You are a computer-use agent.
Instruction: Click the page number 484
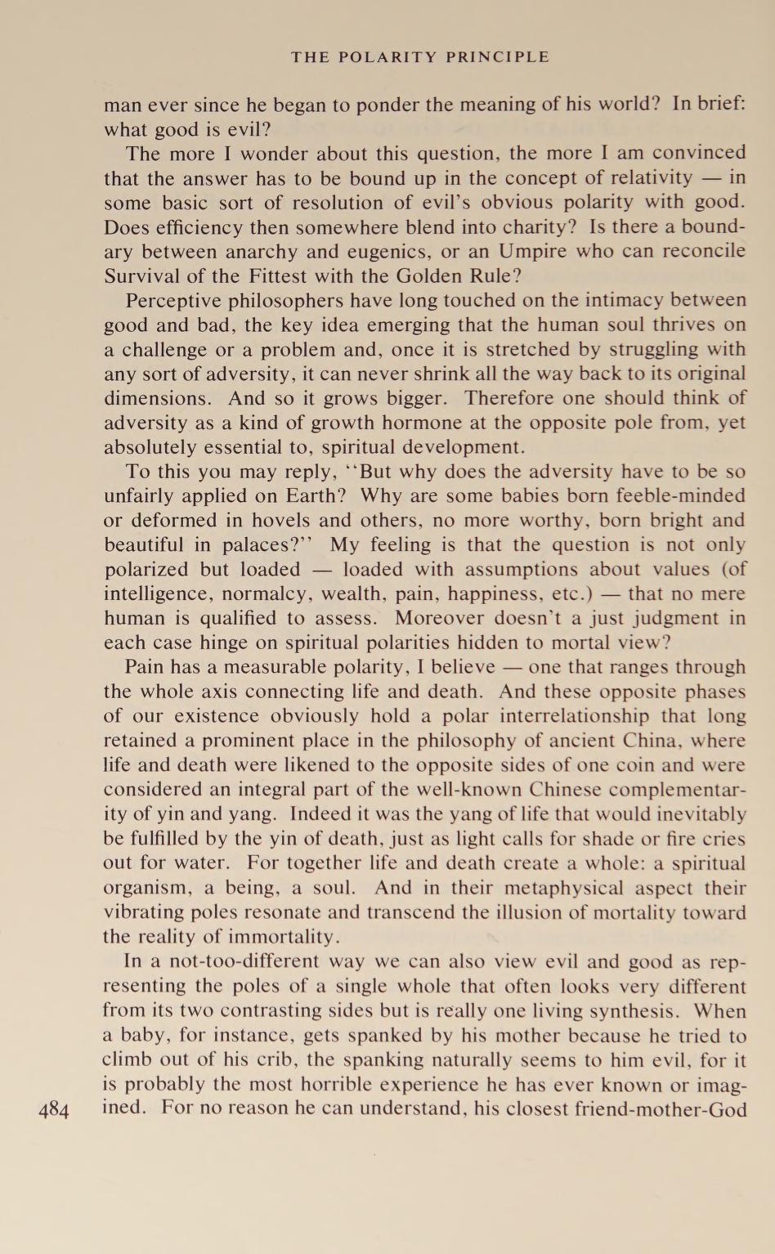click(x=53, y=1109)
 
